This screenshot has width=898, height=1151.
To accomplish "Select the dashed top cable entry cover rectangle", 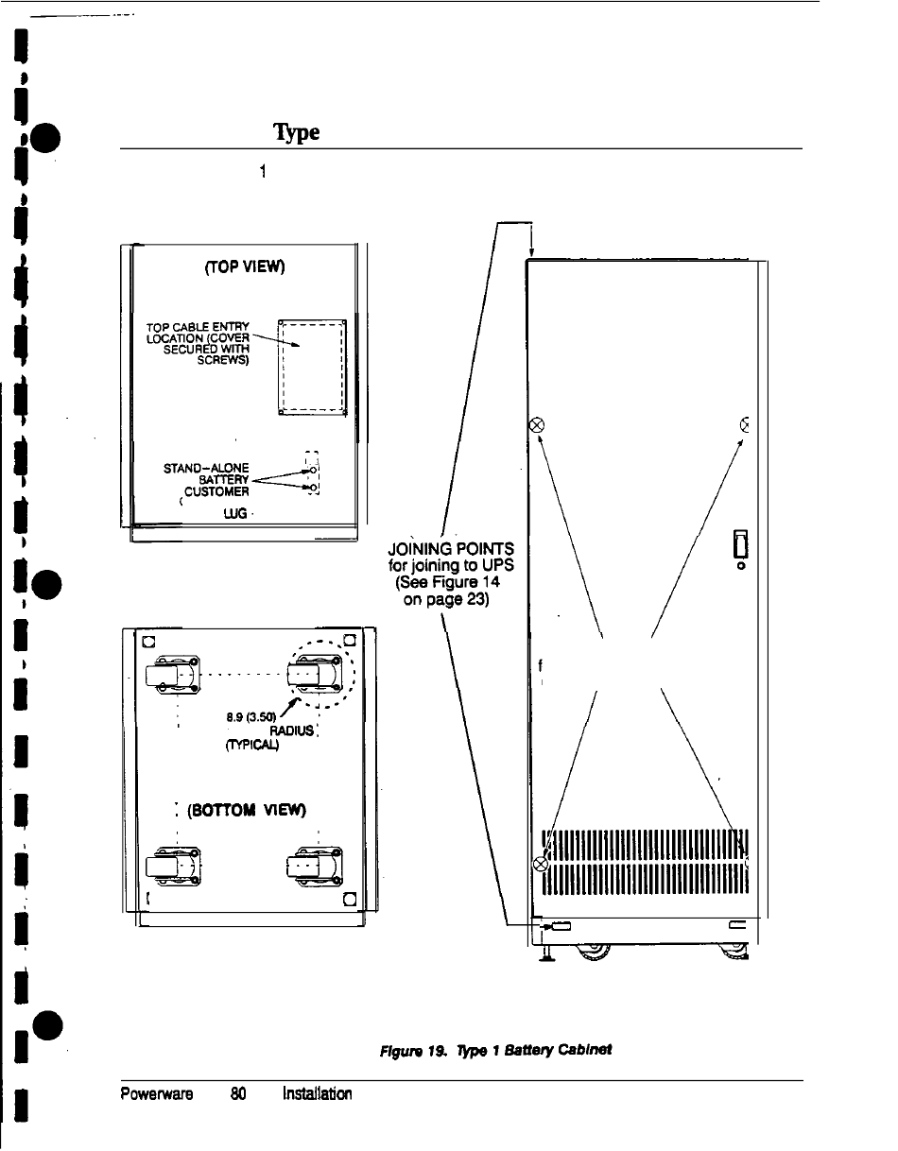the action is (x=313, y=369).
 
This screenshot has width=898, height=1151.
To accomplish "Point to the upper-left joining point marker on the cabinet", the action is (x=538, y=424).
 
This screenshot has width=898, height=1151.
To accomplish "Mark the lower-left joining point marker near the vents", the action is (x=542, y=864).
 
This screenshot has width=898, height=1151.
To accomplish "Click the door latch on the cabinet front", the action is (x=740, y=546).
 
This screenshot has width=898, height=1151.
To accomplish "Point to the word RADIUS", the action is (x=290, y=730).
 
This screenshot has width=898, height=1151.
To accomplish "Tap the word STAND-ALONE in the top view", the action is (x=206, y=467).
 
